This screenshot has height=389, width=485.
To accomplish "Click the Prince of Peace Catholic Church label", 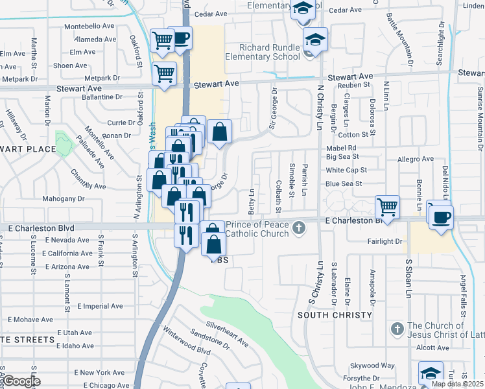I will (x=257, y=228).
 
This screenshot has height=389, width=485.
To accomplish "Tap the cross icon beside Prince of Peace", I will (x=298, y=228).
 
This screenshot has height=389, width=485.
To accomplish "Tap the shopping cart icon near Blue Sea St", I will (x=387, y=207).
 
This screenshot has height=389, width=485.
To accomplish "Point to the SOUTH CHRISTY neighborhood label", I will (x=335, y=315).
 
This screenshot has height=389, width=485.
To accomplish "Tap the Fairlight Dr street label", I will (x=384, y=241).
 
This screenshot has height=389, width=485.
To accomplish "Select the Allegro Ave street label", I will (x=416, y=159).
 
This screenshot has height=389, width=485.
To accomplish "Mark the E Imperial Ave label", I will (x=100, y=306).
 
